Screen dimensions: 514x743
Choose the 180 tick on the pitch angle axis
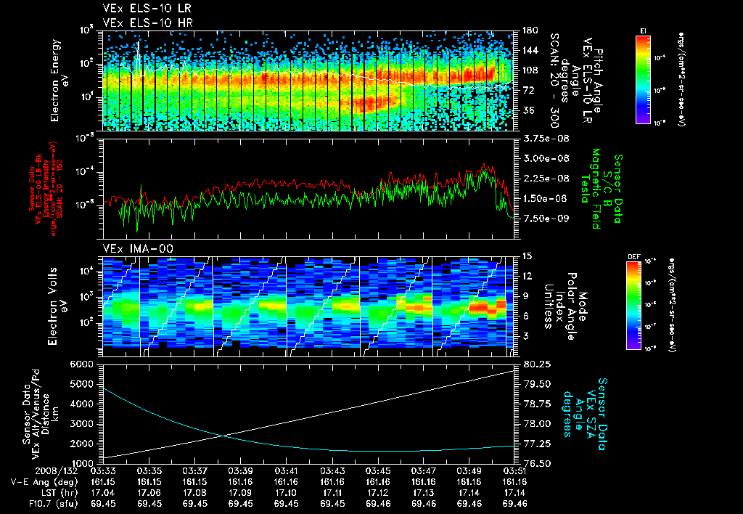[529, 30]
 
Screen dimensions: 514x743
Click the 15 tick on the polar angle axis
[526, 256]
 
